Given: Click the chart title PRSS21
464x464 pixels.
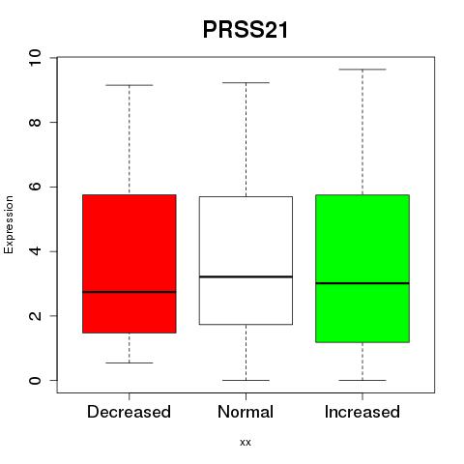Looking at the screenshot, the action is pyautogui.click(x=246, y=30).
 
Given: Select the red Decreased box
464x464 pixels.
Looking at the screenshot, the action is pyautogui.click(x=130, y=264).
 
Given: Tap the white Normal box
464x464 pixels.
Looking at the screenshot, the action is pyautogui.click(x=246, y=260).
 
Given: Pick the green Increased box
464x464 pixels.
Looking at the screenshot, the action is pyautogui.click(x=362, y=269).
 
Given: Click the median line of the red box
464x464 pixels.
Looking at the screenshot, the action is pyautogui.click(x=130, y=292).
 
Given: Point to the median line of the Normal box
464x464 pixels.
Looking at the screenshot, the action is pyautogui.click(x=246, y=276).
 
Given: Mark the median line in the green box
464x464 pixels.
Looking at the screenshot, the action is pyautogui.click(x=362, y=283).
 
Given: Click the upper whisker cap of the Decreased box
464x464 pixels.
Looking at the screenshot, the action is pyautogui.click(x=130, y=85).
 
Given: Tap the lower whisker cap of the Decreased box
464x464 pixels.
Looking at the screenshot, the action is pyautogui.click(x=130, y=362).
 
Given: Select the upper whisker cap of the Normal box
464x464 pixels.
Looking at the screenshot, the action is pyautogui.click(x=246, y=83).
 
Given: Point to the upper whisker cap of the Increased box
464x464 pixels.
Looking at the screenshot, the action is pyautogui.click(x=362, y=70).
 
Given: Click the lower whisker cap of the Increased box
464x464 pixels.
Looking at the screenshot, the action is pyautogui.click(x=362, y=380).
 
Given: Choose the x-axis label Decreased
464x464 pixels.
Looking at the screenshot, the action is pyautogui.click(x=129, y=412).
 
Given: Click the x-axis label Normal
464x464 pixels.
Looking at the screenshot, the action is pyautogui.click(x=246, y=412).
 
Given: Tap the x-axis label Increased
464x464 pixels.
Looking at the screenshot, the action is pyautogui.click(x=362, y=412).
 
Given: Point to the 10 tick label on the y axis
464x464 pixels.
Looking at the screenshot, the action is pyautogui.click(x=35, y=58).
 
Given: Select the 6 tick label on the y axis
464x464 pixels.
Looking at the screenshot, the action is pyautogui.click(x=35, y=187).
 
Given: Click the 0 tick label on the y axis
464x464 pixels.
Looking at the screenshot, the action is pyautogui.click(x=35, y=380).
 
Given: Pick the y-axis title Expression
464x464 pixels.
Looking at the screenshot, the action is pyautogui.click(x=9, y=224).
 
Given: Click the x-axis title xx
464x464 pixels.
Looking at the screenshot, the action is pyautogui.click(x=246, y=443).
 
